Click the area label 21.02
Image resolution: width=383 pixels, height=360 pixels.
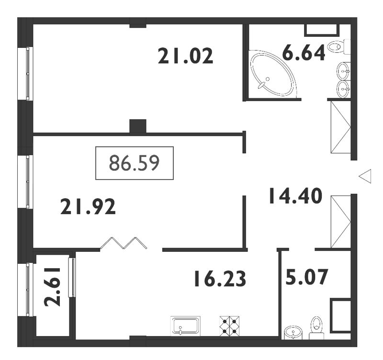point(186,56)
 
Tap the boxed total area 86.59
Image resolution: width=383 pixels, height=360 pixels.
point(135,163)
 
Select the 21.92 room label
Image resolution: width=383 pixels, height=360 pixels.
point(88,207)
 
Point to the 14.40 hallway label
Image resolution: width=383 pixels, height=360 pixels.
point(295,196)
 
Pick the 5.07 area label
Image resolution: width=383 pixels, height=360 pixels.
point(306,277)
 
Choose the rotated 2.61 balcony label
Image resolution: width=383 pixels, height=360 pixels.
point(52,287)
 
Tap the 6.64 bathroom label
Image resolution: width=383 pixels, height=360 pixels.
point(304,52)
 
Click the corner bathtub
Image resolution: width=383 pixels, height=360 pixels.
point(273,73)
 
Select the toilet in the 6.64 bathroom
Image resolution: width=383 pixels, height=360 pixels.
point(339,46)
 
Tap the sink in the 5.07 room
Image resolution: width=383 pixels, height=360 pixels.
point(293,332)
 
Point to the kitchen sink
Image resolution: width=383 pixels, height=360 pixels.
point(185,326)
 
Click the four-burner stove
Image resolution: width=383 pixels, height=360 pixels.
point(229,326)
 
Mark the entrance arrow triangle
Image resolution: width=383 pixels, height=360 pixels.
point(365,176)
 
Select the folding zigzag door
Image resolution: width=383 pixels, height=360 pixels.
point(124,243)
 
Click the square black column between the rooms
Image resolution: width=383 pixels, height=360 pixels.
point(138,126)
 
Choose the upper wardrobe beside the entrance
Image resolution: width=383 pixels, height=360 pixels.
point(341,127)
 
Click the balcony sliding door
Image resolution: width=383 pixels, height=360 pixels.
point(72,278)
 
